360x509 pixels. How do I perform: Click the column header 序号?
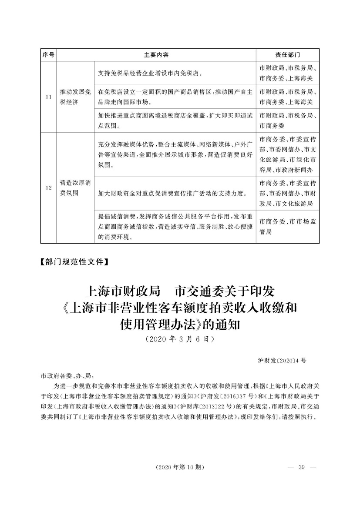(x=48, y=55)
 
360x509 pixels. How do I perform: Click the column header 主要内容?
(x=157, y=55)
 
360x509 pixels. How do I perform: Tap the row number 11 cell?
(x=48, y=97)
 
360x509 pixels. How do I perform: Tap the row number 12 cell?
(x=48, y=188)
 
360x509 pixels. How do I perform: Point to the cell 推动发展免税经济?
(x=75, y=97)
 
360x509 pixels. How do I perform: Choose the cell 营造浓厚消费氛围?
(x=75, y=188)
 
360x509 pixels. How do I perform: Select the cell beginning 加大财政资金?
(x=174, y=193)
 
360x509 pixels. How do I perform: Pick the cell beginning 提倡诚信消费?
(x=174, y=227)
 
